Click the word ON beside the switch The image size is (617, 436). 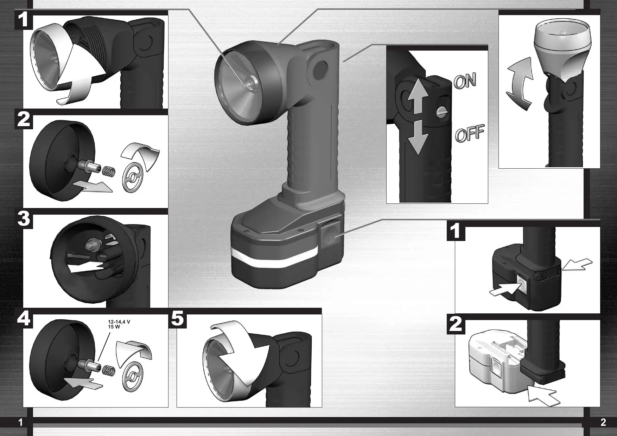(465, 81)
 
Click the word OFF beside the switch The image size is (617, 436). (470, 134)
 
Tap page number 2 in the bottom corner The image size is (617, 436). (603, 422)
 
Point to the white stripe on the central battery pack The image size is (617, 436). (274, 260)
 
